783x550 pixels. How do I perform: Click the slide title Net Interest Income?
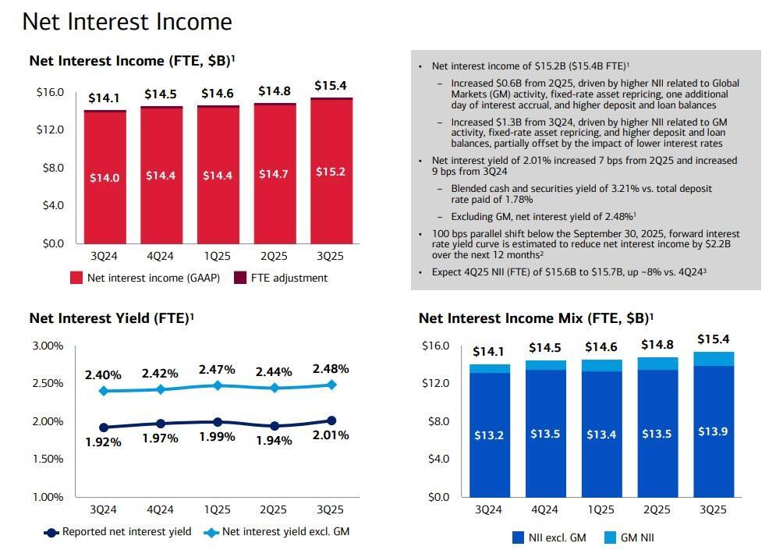tap(127, 22)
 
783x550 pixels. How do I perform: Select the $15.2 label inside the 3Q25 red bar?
tap(331, 172)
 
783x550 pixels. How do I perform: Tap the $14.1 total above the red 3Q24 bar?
tap(104, 98)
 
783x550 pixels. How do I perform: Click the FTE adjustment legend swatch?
tap(240, 278)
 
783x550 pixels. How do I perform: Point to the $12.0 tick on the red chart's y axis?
tap(50, 130)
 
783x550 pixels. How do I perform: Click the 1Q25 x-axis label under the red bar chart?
tap(217, 256)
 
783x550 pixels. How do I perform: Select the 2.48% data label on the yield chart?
tap(330, 369)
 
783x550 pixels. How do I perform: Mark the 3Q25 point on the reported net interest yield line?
tap(331, 420)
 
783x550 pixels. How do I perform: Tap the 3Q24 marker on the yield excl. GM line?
tap(104, 390)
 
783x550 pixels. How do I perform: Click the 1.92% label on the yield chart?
tap(103, 442)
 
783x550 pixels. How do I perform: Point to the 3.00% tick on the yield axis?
tap(48, 346)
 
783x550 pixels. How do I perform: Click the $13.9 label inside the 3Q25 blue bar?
tap(713, 431)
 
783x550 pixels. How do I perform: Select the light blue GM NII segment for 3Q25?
tap(713, 359)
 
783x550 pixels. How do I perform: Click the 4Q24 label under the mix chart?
tap(544, 509)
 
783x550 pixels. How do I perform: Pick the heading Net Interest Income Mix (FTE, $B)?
tap(536, 318)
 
